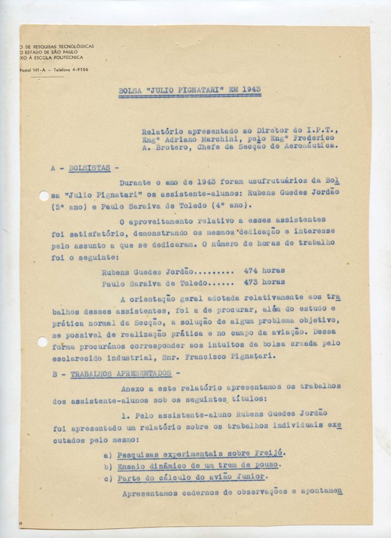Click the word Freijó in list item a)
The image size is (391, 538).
[272, 452]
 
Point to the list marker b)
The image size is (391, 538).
[108, 465]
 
